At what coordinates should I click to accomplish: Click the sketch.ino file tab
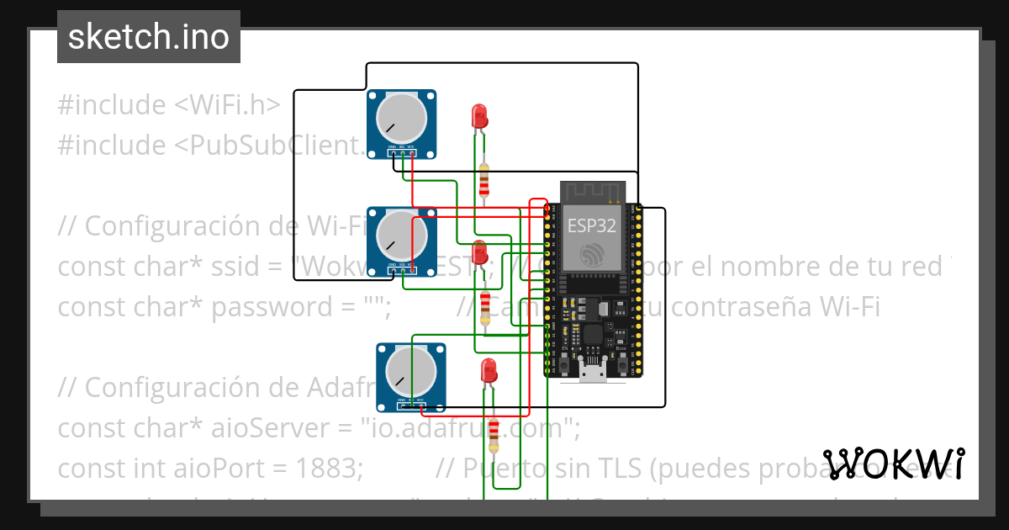click(x=148, y=37)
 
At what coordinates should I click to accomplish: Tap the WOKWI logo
click(x=893, y=464)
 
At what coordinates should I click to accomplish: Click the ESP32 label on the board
click(x=591, y=225)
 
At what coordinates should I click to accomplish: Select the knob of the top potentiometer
click(x=402, y=119)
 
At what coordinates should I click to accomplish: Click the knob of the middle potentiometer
click(x=402, y=235)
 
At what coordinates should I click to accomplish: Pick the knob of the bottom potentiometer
click(x=411, y=371)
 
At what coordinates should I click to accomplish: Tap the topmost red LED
click(x=479, y=115)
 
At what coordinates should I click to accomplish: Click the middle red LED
click(x=479, y=252)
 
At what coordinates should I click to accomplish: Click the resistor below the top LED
click(x=483, y=180)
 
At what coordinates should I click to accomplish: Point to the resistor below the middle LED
click(x=484, y=308)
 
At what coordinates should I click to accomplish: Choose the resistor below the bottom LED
click(x=494, y=432)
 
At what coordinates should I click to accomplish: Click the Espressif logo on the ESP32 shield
click(x=591, y=253)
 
